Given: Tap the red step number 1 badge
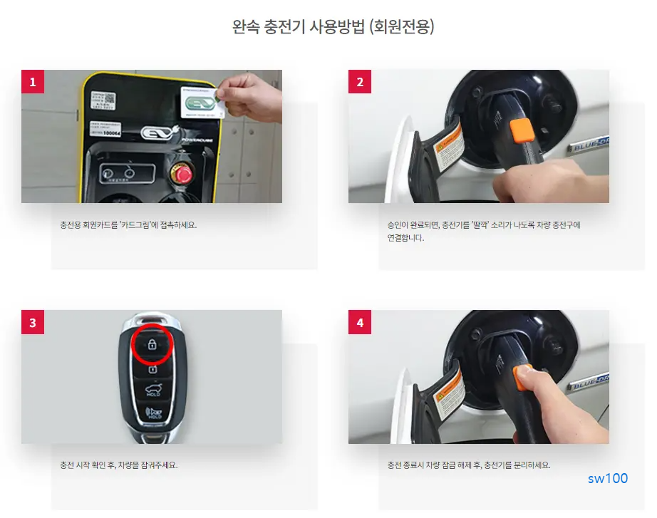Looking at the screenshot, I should pos(33,82).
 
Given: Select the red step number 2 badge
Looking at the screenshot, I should pos(360,82).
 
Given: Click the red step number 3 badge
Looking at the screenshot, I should pos(33,323).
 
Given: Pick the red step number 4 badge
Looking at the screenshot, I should pos(360,323).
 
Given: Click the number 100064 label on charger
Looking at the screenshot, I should pos(112,133).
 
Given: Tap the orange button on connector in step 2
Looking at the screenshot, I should pos(523,130).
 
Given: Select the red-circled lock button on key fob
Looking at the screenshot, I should pos(152,344).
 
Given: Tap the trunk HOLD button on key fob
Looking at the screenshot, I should pos(152,390).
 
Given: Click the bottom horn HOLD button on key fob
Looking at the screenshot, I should pos(152,413).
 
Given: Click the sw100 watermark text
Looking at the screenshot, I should pos(608,478).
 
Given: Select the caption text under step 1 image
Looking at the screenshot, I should pos(128,225).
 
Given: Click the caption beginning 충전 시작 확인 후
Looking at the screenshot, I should pos(119,465).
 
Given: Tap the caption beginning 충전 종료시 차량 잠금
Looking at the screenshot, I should pos(468,465).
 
